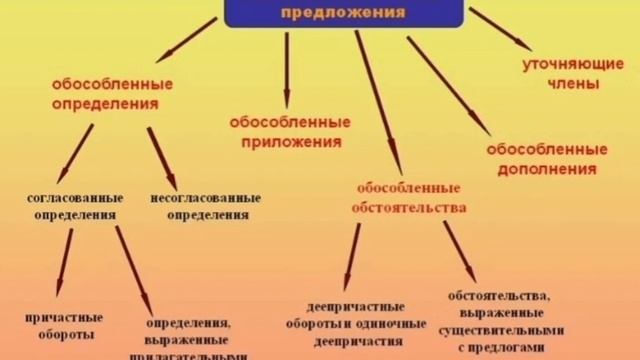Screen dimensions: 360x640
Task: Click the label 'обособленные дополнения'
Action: click(x=546, y=158)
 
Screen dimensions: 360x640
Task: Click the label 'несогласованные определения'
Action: click(x=206, y=206)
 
